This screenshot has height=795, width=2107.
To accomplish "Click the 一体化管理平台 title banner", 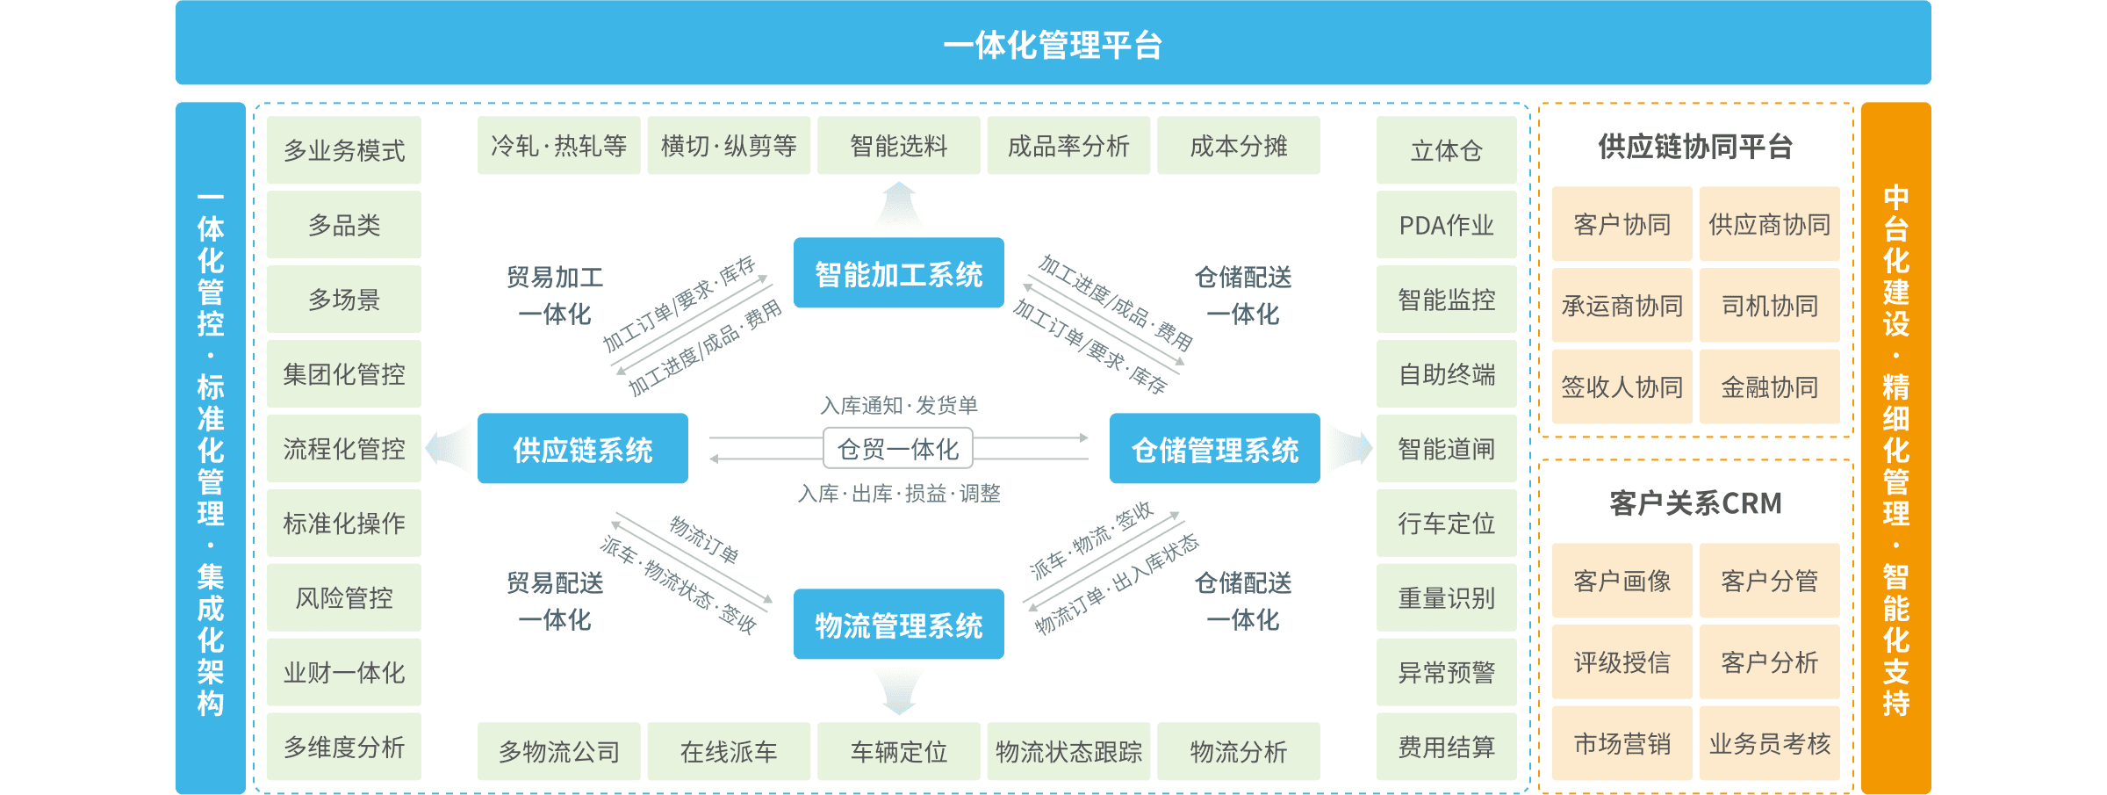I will (x=1053, y=43).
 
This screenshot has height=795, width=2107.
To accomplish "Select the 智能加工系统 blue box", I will (x=898, y=273).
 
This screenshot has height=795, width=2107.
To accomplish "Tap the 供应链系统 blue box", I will (x=582, y=449).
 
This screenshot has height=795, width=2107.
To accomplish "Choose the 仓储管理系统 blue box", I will (x=1214, y=449).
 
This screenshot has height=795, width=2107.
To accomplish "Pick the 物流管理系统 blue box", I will (x=898, y=625).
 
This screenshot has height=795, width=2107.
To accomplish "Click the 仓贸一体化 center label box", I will (x=897, y=449).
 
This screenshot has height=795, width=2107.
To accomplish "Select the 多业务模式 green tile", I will (x=343, y=150).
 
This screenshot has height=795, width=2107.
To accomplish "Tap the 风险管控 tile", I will (x=343, y=598).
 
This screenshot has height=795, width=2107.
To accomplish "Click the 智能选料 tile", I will (x=898, y=146).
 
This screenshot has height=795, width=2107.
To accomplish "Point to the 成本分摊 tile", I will (x=1238, y=146).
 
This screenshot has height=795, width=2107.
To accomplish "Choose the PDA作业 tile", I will (x=1446, y=225).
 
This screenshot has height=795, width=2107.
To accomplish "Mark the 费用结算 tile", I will (x=1446, y=748).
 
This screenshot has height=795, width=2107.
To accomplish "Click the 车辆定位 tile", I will (x=898, y=751).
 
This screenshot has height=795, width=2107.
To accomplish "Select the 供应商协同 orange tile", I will (x=1769, y=224).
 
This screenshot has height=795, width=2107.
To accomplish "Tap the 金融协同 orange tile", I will (x=1769, y=387).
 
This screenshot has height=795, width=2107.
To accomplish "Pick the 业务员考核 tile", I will (x=1769, y=743).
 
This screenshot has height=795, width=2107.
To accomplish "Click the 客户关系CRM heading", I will (x=1695, y=503).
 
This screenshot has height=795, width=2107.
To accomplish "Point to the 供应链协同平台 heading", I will (x=1695, y=147).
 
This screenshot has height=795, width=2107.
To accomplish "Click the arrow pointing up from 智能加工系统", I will (x=898, y=205).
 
